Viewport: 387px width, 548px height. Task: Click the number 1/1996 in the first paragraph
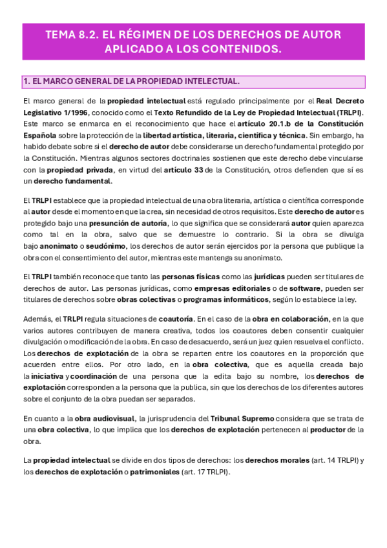(76, 112)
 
